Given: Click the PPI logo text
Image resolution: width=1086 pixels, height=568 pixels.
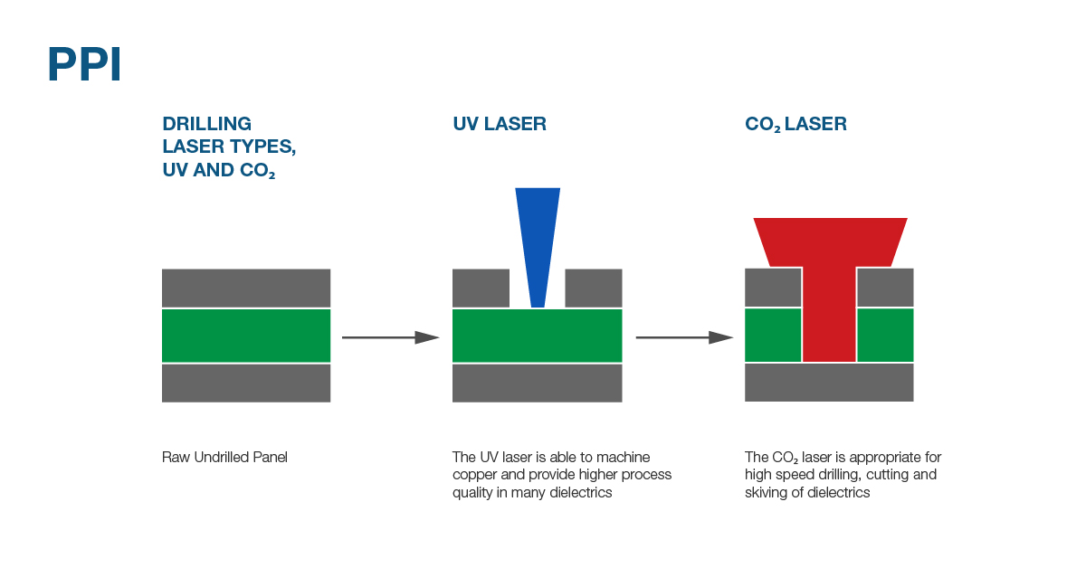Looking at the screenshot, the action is (x=84, y=63).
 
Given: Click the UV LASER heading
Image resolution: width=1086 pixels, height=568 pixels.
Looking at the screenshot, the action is (x=500, y=124).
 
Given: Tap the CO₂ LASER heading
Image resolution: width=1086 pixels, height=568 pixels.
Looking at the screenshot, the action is (x=795, y=125).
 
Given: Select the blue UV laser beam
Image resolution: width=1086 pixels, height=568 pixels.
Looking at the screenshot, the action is (x=538, y=248).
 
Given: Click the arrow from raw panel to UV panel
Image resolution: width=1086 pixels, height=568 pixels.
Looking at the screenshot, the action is (x=391, y=337).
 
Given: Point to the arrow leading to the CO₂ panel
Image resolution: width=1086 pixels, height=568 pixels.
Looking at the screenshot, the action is (x=684, y=337).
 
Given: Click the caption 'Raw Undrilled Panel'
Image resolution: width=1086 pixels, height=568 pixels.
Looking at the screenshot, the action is (x=224, y=457).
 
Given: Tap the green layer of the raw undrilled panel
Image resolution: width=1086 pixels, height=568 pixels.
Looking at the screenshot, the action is (x=246, y=336).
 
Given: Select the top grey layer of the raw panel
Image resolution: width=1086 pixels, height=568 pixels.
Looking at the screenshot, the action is (x=246, y=288).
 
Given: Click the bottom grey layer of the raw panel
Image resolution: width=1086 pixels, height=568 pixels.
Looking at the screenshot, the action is (x=246, y=383).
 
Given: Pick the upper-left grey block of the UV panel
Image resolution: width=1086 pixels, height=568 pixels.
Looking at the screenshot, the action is (x=481, y=288).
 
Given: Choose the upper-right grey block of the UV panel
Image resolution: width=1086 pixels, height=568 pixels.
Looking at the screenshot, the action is (x=594, y=288).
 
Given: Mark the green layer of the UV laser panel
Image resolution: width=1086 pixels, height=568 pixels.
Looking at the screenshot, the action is (x=538, y=336).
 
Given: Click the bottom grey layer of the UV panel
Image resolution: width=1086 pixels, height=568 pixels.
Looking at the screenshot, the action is (x=538, y=383).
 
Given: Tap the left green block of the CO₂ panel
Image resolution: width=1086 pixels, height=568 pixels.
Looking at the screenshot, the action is (x=773, y=335).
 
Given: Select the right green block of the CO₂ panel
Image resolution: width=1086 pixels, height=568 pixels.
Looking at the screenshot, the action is (x=885, y=335).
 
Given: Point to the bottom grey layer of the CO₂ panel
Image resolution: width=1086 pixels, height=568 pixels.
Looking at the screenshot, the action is (x=829, y=383).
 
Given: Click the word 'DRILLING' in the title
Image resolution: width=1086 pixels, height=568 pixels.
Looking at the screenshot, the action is (x=207, y=124).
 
